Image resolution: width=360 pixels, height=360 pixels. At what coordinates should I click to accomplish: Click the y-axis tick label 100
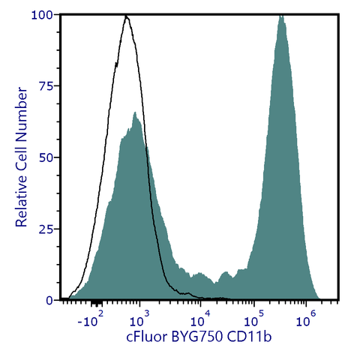pos(42,15)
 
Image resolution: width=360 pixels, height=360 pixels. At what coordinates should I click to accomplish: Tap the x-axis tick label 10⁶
pos(304,322)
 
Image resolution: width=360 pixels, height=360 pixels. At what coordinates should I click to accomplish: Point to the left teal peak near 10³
pos(135,114)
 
